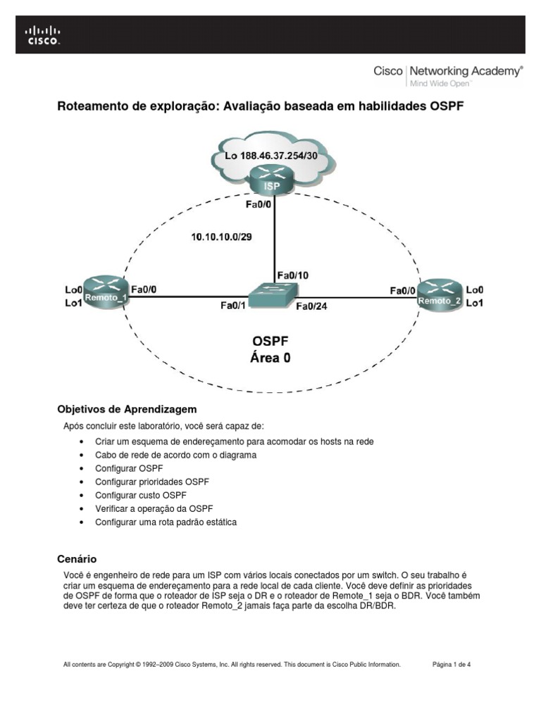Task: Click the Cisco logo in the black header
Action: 43,35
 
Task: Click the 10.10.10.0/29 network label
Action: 221,237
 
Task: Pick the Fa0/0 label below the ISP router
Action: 259,205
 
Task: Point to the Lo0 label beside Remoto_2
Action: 475,289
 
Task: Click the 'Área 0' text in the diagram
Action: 270,358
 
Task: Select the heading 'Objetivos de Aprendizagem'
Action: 125,409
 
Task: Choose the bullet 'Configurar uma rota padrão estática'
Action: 166,522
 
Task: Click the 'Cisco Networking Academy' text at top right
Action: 448,71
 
